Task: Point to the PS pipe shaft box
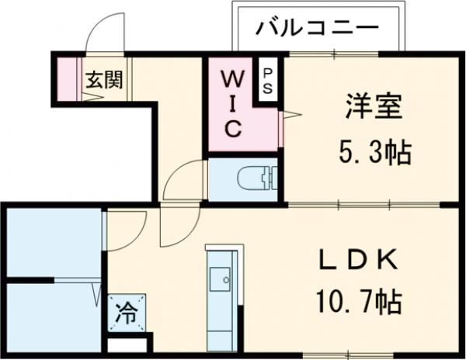pyautogui.click(x=266, y=79)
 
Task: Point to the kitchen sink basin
pyautogui.click(x=221, y=277)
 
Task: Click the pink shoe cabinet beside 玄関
pyautogui.click(x=67, y=78)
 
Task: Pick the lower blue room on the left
pyautogui.click(x=53, y=318)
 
